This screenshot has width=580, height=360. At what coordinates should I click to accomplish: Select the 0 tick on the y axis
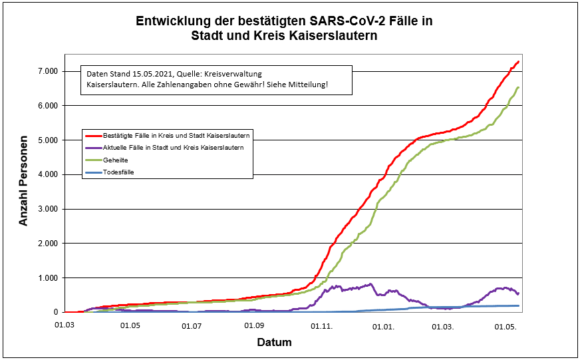coord(56,312)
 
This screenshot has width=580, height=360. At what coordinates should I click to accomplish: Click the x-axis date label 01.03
coord(65,326)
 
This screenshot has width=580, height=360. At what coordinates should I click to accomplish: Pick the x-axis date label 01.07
coord(192,326)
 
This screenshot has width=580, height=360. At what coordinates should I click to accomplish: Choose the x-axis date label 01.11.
coord(322,326)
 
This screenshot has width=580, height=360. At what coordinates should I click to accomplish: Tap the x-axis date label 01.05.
coord(130,326)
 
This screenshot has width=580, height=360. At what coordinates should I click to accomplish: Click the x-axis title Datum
coord(274,343)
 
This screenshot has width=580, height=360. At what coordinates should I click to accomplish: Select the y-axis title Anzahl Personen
coord(24,181)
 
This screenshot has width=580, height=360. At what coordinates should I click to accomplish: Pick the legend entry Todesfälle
coord(119,172)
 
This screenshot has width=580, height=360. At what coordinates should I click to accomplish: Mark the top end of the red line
coord(518,61)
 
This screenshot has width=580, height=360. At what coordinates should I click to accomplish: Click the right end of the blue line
coord(518,305)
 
